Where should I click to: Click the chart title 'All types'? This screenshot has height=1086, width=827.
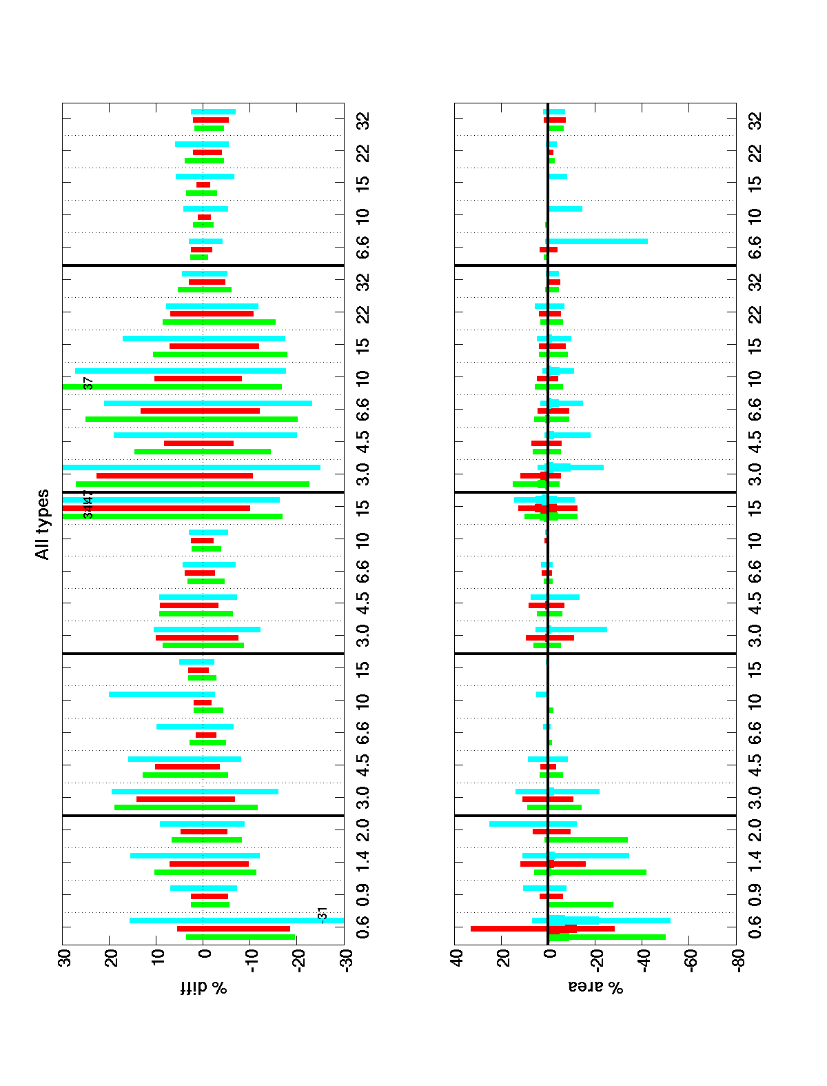(43, 524)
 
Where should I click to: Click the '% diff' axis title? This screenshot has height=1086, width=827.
(204, 988)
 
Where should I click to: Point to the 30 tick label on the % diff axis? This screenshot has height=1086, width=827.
(67, 959)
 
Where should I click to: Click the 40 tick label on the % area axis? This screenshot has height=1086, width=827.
(457, 959)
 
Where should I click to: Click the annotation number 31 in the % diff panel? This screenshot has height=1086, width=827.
(323, 914)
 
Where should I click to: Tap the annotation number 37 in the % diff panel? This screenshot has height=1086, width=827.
(88, 383)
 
